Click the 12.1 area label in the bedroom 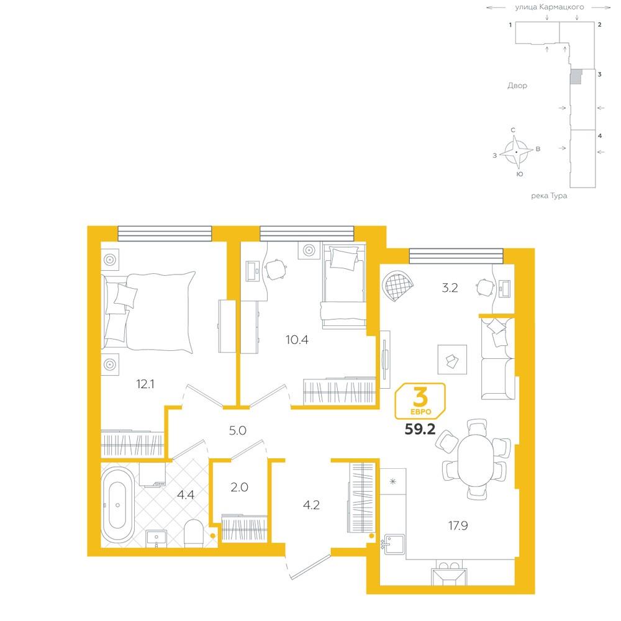[x=145, y=384]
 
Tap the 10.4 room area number [x=297, y=340]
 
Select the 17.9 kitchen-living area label [x=458, y=525]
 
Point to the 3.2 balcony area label [x=450, y=288]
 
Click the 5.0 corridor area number [x=238, y=430]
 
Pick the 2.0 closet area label [x=239, y=487]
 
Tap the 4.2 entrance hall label [x=311, y=504]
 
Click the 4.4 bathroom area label [x=185, y=494]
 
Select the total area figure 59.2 [x=420, y=429]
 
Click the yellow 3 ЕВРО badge [x=420, y=401]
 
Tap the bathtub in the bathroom [x=117, y=505]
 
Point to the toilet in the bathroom [x=194, y=533]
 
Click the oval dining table [x=476, y=460]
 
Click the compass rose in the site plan [x=516, y=152]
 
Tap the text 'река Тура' [x=549, y=196]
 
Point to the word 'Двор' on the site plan [x=517, y=86]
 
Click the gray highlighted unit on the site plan [x=576, y=76]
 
